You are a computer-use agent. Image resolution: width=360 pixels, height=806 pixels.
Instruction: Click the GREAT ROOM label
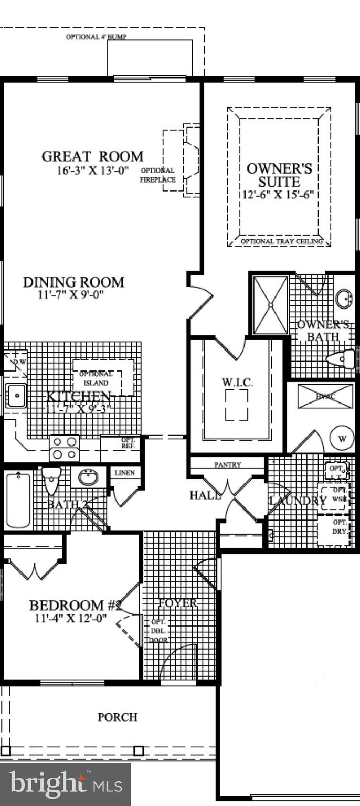(x=92, y=156)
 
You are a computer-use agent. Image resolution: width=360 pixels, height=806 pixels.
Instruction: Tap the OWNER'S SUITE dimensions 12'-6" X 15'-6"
(x=278, y=194)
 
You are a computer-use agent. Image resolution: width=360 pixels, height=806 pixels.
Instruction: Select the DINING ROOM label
(x=73, y=282)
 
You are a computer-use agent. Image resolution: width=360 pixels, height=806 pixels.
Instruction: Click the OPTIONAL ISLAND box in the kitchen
(x=103, y=378)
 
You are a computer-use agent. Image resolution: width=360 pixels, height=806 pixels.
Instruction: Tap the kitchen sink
(x=16, y=395)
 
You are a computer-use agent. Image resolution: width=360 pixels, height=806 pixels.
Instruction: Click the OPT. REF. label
(x=129, y=442)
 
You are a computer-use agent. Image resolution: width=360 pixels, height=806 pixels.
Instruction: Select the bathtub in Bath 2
(x=18, y=500)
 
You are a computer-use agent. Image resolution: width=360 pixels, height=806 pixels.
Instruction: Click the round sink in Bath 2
(x=88, y=478)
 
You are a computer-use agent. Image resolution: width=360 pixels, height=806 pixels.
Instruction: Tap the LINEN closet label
(x=124, y=473)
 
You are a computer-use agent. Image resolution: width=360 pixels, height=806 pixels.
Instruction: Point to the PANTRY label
(x=228, y=465)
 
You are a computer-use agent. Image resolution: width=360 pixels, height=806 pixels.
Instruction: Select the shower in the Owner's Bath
(x=271, y=304)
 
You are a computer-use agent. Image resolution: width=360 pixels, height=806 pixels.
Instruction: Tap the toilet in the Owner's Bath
(x=341, y=360)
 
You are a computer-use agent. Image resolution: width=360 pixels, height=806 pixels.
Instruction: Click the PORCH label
(x=118, y=717)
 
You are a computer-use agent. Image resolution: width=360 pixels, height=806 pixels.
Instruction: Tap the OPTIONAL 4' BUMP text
(x=97, y=37)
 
